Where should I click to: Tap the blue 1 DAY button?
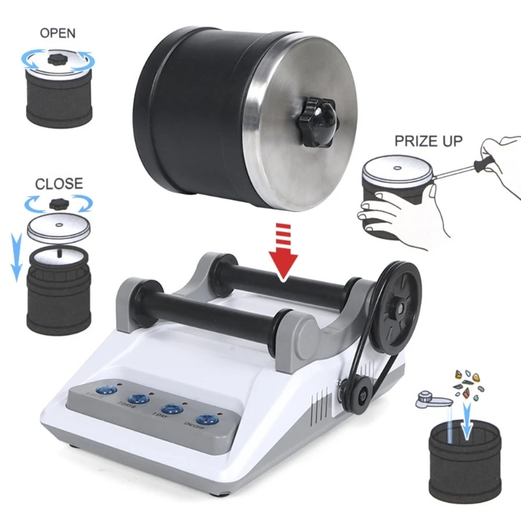[171, 409]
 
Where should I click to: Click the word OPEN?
[58, 33]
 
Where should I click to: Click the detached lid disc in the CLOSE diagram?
[59, 228]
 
